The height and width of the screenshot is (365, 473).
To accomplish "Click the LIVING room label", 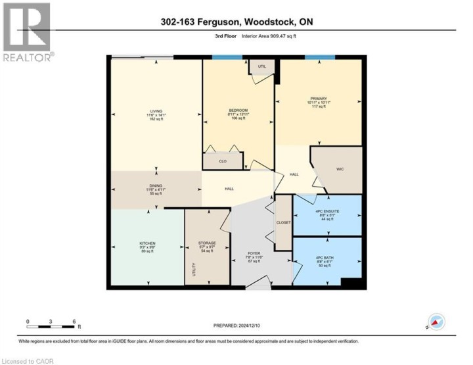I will point(156,111).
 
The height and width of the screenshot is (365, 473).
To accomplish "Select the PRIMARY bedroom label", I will point(317,99).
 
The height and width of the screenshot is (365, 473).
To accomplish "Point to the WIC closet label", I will point(340,169).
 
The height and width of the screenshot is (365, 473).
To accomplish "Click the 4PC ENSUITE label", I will point(327,211).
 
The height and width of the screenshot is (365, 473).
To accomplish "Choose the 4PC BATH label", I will point(327,256).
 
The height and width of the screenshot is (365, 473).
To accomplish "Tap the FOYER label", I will point(254,253).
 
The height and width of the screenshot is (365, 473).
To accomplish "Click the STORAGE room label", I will point(208,243).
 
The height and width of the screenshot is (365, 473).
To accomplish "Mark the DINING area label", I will point(156,185).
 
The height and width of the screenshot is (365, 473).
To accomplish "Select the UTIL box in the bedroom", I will point(261,66).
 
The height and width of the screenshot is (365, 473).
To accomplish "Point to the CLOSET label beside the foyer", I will point(283,223).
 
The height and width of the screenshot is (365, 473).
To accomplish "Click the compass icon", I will point(436,322).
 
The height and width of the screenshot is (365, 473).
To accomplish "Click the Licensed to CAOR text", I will point(28,360).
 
